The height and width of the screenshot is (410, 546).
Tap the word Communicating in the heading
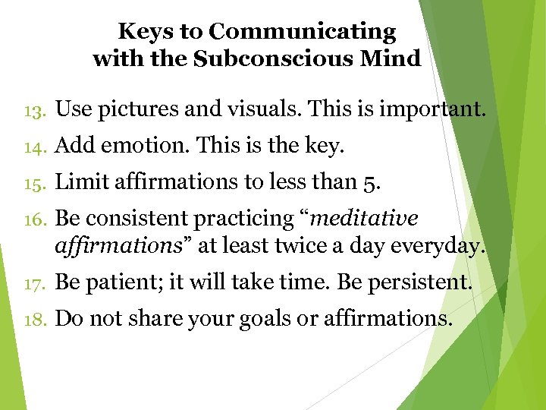302,33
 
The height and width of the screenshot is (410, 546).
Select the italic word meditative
364,219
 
